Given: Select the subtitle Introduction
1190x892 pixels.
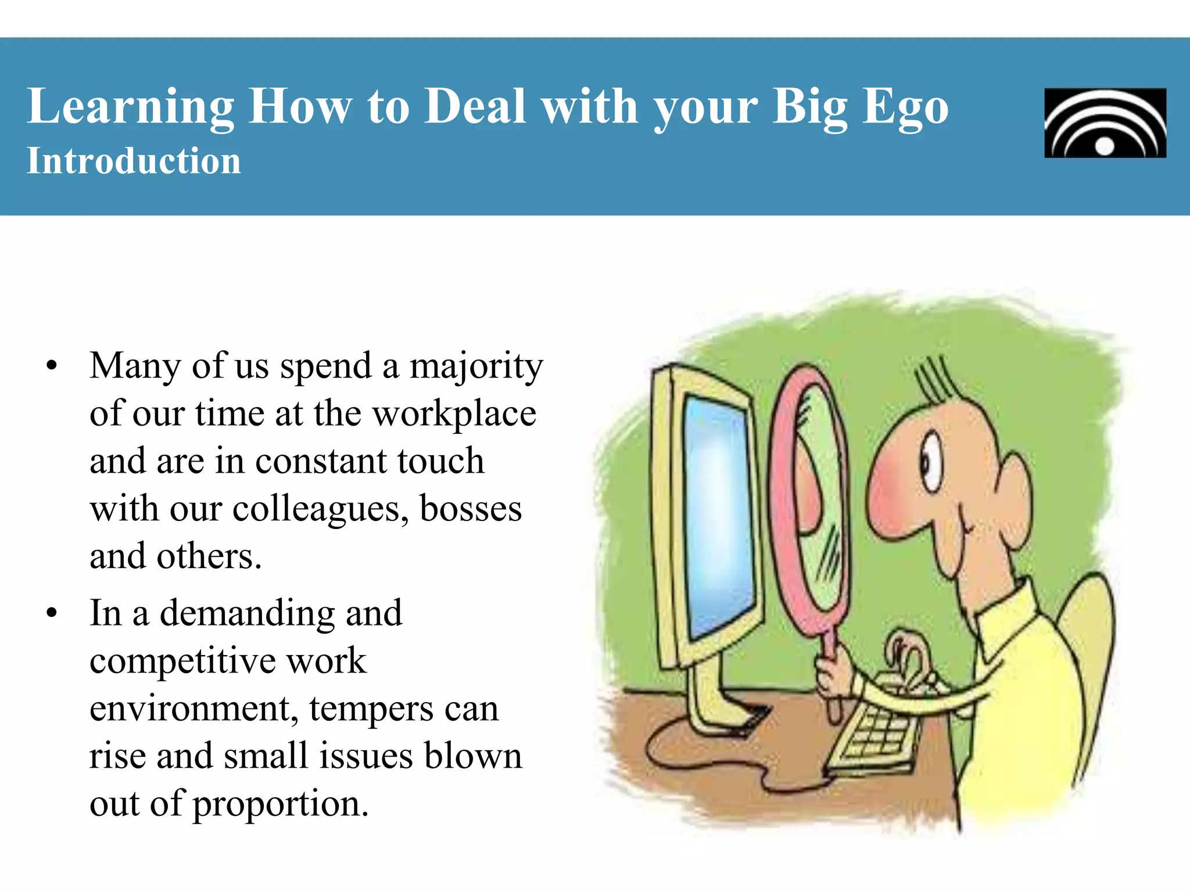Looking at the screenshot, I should [134, 161].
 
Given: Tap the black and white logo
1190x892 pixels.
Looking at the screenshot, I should [1105, 123].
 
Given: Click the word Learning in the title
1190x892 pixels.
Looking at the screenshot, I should [130, 107].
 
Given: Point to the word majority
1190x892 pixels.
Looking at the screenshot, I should [476, 367].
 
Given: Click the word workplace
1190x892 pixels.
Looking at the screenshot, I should [454, 414].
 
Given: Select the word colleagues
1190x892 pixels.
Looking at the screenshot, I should [320, 509].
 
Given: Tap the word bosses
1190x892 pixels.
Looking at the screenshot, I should [471, 509].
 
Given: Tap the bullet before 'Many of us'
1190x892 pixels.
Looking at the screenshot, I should [52, 366].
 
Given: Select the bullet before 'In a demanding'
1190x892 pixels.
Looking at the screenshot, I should [52, 613].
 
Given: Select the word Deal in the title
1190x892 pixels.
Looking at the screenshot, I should [475, 107].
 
